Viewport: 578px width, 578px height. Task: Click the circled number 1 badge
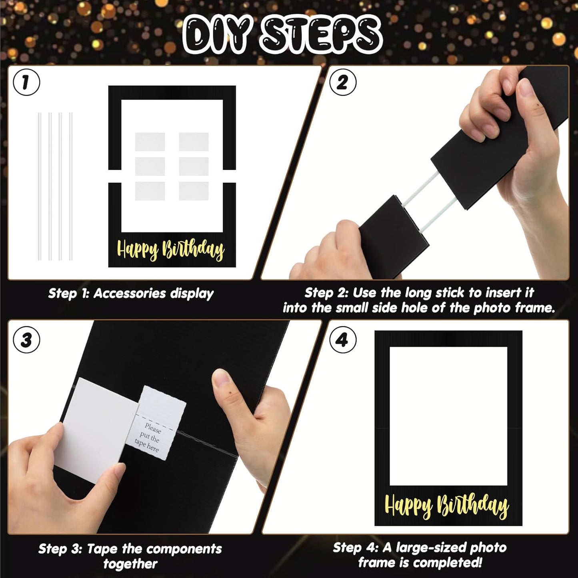(26, 82)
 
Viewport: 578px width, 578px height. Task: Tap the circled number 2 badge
(343, 82)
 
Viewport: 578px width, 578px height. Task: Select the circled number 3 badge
(26, 340)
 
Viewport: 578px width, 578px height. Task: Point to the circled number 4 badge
(343, 340)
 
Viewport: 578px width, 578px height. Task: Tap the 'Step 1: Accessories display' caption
(131, 294)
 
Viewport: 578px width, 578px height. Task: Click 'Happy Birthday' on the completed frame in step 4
(446, 506)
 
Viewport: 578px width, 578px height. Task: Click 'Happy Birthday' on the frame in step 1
(171, 250)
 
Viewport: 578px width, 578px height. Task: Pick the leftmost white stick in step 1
(40, 186)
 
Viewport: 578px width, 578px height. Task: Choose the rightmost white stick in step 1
(71, 186)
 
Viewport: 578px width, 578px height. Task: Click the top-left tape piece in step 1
(150, 142)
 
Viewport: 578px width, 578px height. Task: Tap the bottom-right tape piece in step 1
(194, 191)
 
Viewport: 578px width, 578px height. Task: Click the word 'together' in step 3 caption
(130, 564)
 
